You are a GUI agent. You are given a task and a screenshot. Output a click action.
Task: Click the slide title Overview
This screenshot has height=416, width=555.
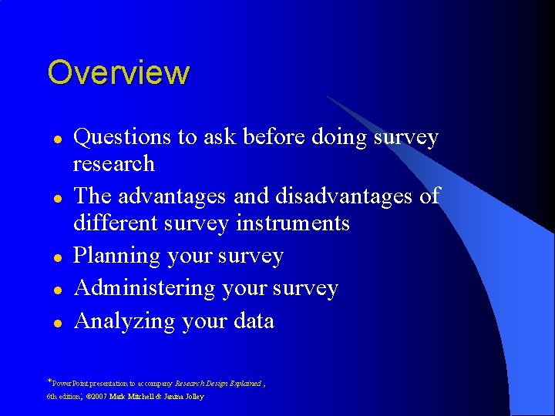pyautogui.click(x=118, y=72)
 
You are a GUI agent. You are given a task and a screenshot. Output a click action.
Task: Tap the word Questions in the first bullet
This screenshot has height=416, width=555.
pyautogui.click(x=122, y=137)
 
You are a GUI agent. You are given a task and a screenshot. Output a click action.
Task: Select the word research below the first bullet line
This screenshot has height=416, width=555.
pyautogui.click(x=113, y=164)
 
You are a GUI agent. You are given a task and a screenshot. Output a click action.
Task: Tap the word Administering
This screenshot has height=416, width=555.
pyautogui.click(x=144, y=288)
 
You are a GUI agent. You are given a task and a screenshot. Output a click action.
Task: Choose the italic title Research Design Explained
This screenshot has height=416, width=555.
pyautogui.click(x=218, y=383)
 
